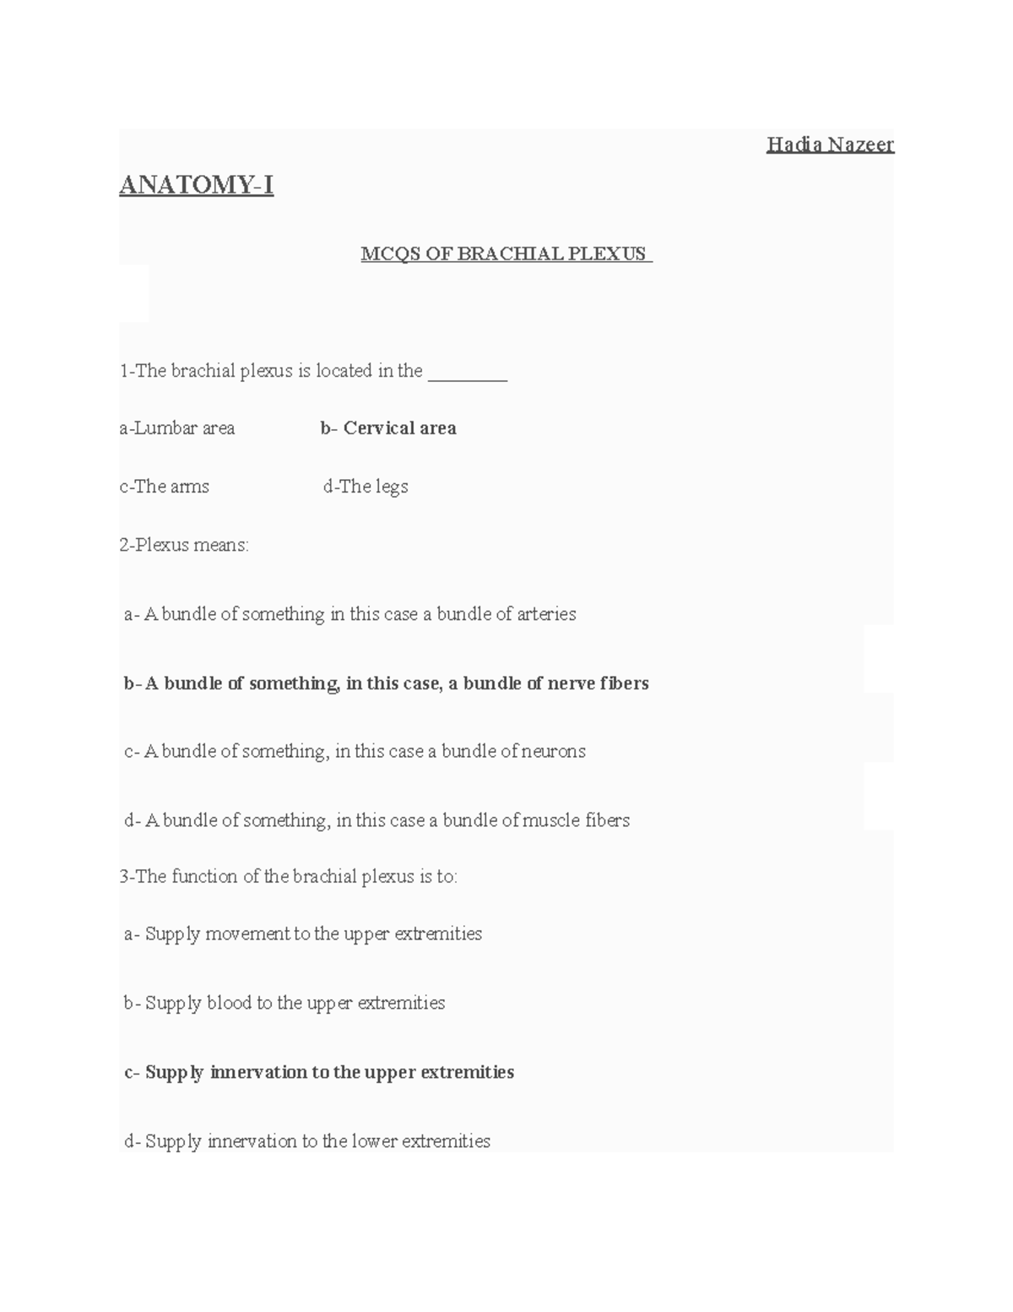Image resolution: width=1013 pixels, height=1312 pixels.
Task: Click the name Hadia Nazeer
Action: [830, 145]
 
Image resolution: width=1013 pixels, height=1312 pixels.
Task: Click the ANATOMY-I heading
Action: [197, 184]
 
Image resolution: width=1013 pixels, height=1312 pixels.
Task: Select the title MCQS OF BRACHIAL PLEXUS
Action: [505, 253]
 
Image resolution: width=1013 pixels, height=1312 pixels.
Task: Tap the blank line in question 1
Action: [468, 372]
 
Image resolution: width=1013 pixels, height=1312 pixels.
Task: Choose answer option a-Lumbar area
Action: [177, 428]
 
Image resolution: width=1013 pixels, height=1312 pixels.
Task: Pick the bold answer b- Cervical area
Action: [388, 428]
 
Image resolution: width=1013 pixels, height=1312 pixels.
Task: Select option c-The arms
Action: [165, 487]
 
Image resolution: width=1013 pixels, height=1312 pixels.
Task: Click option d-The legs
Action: [366, 487]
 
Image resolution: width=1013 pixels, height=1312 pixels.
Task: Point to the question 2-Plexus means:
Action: [184, 545]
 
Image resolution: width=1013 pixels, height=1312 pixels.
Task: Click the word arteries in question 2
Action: [548, 614]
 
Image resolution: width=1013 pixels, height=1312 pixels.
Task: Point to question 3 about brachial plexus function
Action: [289, 877]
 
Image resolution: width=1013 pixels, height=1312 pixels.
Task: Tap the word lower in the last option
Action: [374, 1142]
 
